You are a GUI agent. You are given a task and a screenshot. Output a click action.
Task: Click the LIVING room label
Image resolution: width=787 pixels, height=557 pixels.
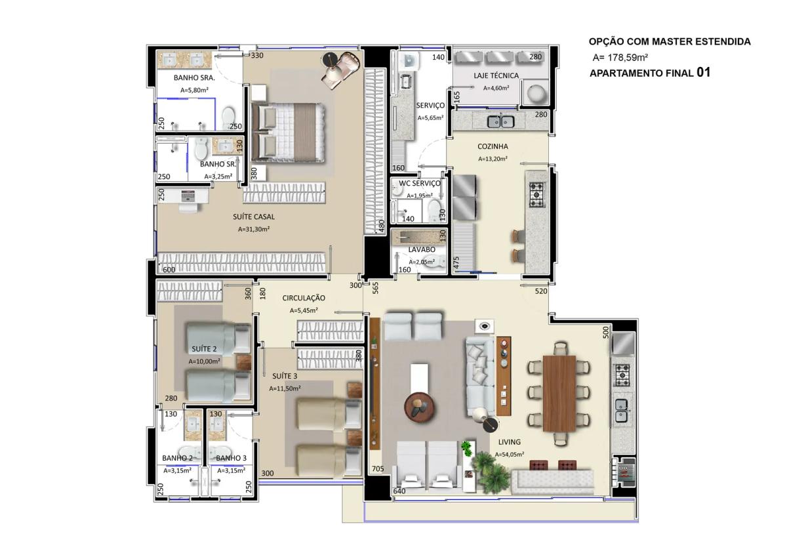pos(509,442)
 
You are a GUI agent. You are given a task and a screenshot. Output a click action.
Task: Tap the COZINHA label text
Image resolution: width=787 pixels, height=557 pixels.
pos(493,146)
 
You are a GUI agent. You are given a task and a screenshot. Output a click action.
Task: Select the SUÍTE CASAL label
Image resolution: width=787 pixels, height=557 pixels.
pos(254,217)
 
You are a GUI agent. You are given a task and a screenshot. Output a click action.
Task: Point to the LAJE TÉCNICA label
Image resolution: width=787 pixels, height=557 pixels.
pos(496,75)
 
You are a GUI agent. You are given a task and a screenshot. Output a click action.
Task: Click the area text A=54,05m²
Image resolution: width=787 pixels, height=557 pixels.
pos(510,455)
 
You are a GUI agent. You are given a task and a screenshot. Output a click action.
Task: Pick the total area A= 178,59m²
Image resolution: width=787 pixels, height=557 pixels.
pos(620,57)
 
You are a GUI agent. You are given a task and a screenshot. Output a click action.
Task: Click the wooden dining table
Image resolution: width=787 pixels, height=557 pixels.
pos(559,394)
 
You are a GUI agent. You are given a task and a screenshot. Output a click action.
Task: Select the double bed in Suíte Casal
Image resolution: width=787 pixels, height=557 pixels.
pos(288,133)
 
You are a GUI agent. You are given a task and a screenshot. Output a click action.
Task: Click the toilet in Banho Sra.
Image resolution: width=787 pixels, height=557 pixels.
pos(228,116)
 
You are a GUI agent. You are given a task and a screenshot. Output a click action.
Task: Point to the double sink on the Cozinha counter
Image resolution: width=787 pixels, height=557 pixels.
pos(500,121)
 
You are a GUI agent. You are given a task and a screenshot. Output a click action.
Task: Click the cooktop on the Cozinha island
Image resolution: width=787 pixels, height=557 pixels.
pos(537,194)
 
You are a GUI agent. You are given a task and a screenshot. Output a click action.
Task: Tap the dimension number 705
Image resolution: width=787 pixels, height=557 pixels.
pos(378,468)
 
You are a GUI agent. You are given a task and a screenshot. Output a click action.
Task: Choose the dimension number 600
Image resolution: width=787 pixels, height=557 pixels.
pos(169,270)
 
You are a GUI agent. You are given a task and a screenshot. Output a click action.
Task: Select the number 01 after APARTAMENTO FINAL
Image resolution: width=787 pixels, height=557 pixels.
pos(703,72)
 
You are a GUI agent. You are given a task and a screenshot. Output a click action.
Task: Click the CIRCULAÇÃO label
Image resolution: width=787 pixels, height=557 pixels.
pos(304,298)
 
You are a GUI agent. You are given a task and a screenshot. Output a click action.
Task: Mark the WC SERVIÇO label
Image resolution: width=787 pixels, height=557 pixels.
pos(420,183)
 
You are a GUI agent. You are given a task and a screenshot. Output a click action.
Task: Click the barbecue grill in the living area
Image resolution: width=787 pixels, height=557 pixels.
pos(624,472)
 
